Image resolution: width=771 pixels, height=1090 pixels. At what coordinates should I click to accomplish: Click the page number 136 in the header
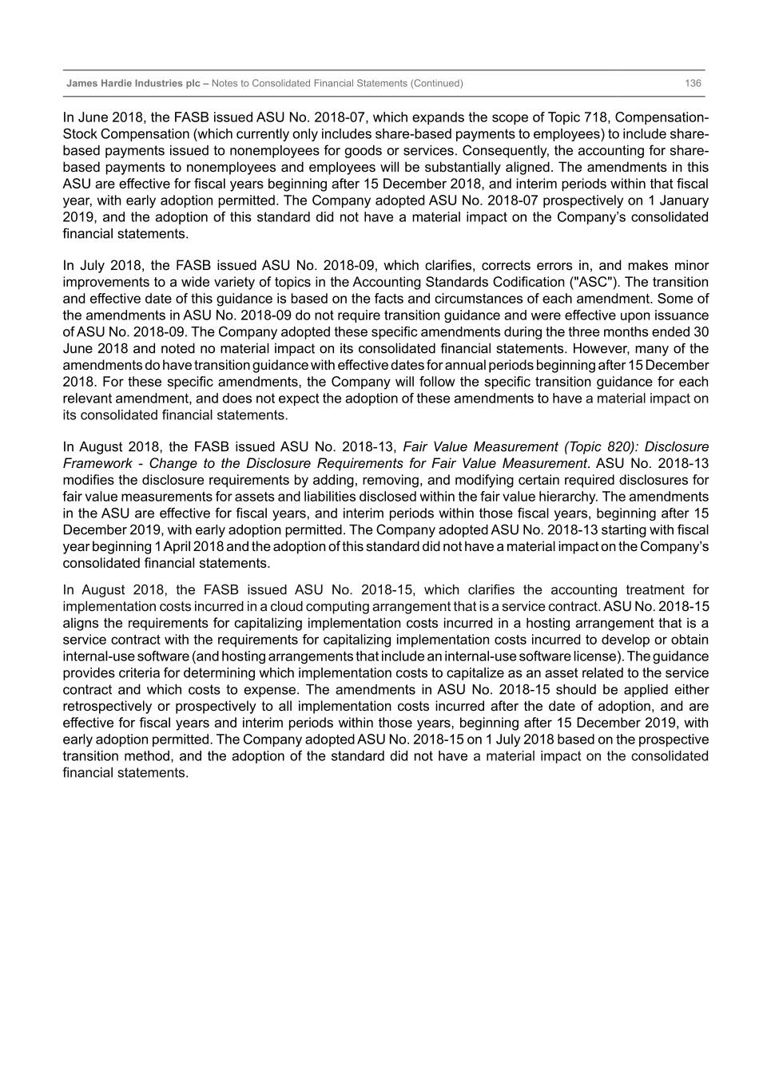coord(693,83)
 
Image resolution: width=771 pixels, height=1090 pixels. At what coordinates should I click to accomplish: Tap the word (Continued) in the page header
coord(436,83)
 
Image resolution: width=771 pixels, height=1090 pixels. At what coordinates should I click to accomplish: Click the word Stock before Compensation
coord(80,134)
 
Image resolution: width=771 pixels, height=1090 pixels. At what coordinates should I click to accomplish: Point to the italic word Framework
coord(97,463)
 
